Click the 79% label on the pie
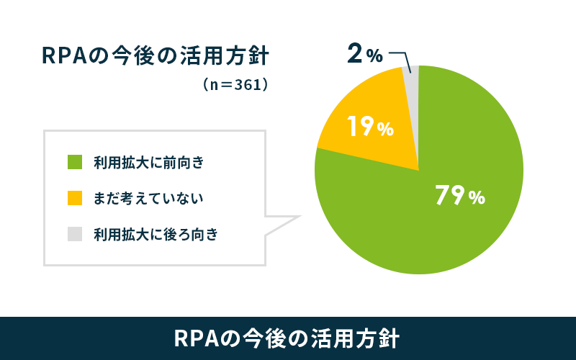[x=460, y=195]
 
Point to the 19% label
[x=370, y=127]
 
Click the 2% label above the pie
[x=365, y=54]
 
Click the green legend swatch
[x=75, y=162]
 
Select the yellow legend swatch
[x=75, y=198]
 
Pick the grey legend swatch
[x=75, y=234]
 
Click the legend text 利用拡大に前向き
[x=148, y=163]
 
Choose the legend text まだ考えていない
[x=148, y=199]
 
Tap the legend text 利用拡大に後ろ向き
[x=156, y=235]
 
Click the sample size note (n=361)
[x=235, y=85]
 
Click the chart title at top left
[x=156, y=56]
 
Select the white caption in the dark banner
[x=287, y=338]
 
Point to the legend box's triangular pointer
[x=283, y=225]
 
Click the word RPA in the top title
[x=64, y=56]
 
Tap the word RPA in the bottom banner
[x=196, y=338]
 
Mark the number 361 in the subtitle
[x=246, y=85]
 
